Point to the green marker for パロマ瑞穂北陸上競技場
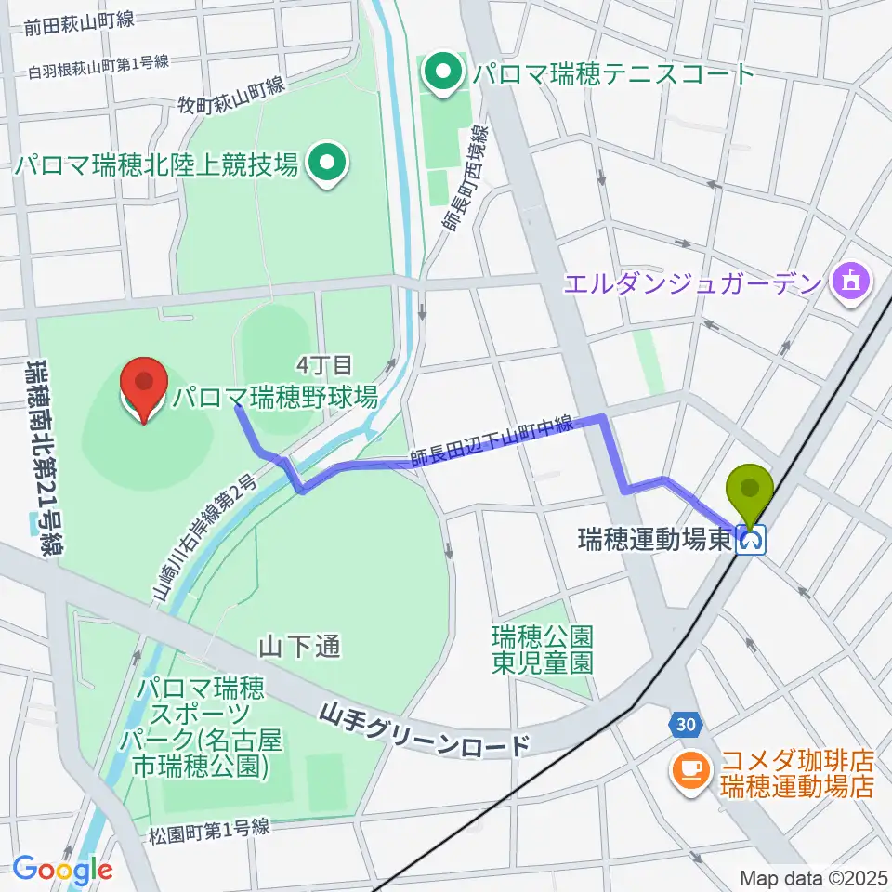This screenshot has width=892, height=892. [326, 165]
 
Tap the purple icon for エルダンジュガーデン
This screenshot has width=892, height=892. [850, 280]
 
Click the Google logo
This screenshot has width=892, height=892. [63, 870]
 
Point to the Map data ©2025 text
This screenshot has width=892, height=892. [811, 877]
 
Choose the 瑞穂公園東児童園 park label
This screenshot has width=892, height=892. [543, 649]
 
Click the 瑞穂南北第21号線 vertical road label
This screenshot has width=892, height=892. [40, 455]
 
